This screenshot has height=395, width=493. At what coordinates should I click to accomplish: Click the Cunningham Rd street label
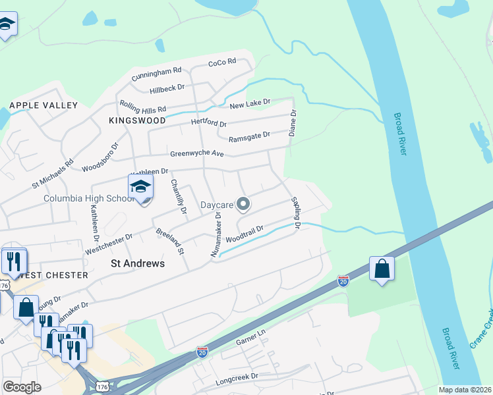click(x=156, y=74)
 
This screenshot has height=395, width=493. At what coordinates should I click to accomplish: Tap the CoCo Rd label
click(x=221, y=63)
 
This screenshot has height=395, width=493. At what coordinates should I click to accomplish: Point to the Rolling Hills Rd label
click(x=142, y=106)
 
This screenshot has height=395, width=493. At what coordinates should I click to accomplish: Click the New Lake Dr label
click(x=250, y=103)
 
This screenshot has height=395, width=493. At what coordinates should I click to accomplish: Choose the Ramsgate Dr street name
click(x=249, y=136)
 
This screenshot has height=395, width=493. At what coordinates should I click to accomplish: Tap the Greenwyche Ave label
click(x=197, y=153)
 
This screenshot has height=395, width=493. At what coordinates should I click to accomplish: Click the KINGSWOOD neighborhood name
click(x=137, y=121)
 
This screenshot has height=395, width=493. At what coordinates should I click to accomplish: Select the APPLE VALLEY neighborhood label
click(x=43, y=105)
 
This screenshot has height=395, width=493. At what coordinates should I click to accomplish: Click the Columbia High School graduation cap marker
click(x=140, y=188)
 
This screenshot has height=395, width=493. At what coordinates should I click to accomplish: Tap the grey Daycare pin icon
click(x=243, y=204)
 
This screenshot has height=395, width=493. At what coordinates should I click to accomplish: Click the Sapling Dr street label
click(x=295, y=213)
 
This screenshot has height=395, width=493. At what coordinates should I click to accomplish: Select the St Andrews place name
click(x=137, y=263)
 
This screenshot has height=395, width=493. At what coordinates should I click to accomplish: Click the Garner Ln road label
click(x=250, y=342)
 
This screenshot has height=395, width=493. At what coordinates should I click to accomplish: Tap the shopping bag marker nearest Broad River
click(x=382, y=269)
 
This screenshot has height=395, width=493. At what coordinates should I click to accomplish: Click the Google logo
click(x=22, y=386)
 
